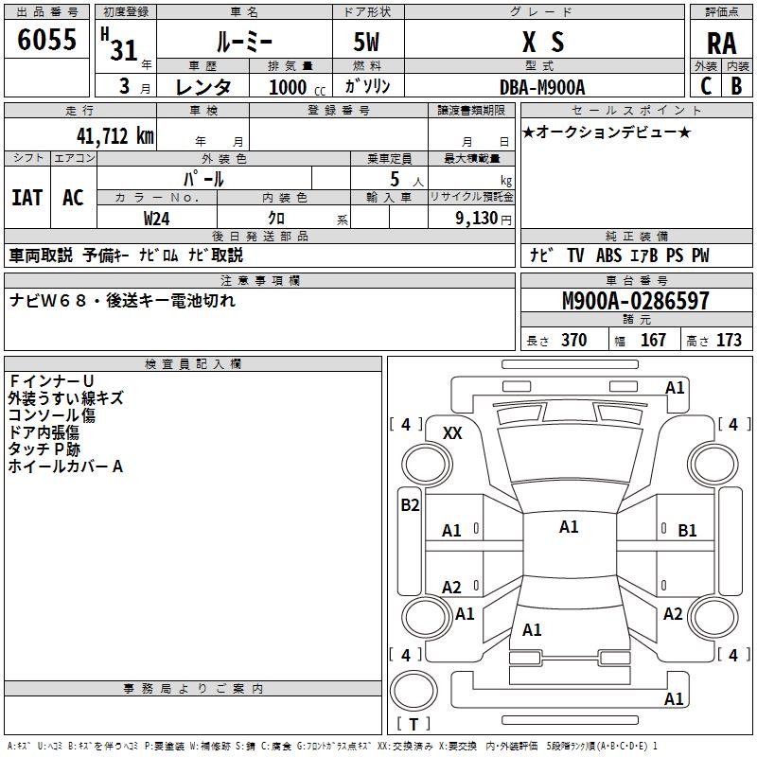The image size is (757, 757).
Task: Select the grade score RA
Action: point(721,43)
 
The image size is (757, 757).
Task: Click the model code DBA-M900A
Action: point(542,86)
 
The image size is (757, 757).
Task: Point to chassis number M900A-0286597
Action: point(635,301)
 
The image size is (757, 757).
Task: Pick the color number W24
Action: point(157,218)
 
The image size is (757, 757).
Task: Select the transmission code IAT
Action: point(26,198)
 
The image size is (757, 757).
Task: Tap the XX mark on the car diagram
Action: point(453,432)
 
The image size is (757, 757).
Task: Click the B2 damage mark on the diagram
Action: point(410,504)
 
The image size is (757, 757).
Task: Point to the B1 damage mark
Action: point(688,531)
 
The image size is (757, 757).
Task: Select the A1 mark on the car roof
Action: point(569,527)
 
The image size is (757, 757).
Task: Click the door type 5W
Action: point(368,43)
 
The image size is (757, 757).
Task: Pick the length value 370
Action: point(573,341)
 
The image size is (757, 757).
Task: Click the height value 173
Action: point(729,341)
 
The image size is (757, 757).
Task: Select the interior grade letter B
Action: point(736,85)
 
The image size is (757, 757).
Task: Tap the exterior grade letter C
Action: point(706,85)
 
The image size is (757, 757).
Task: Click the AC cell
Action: point(73,198)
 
